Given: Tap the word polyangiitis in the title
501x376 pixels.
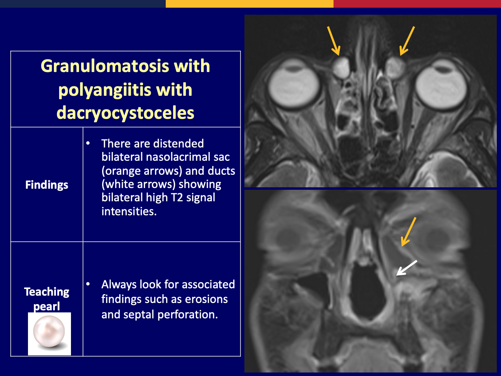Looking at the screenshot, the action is coord(105,90).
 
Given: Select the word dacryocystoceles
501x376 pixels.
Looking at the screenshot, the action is coord(125,113).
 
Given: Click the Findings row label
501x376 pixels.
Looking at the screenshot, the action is coord(46,185).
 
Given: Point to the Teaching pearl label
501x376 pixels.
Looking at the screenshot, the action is coord(46,299).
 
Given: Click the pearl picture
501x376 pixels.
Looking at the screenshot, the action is coord(49,334).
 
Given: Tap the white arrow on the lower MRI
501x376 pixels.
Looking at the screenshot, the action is coord(407,268).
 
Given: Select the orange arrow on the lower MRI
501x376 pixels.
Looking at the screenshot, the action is coord(409,232).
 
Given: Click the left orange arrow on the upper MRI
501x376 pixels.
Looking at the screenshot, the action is coord(334,41).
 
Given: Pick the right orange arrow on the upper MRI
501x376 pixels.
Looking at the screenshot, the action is coord(407,41).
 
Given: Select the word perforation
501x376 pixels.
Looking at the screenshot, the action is coord(188,314).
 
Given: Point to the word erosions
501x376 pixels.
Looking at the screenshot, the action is coord(206,299).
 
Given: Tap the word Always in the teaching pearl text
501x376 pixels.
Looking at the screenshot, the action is coord(119,285).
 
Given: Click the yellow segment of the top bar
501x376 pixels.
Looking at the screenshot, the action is coord(250,3).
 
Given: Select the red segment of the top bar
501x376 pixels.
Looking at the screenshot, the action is coord(417,3).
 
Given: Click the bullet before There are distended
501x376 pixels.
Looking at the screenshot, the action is coord(88,143).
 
